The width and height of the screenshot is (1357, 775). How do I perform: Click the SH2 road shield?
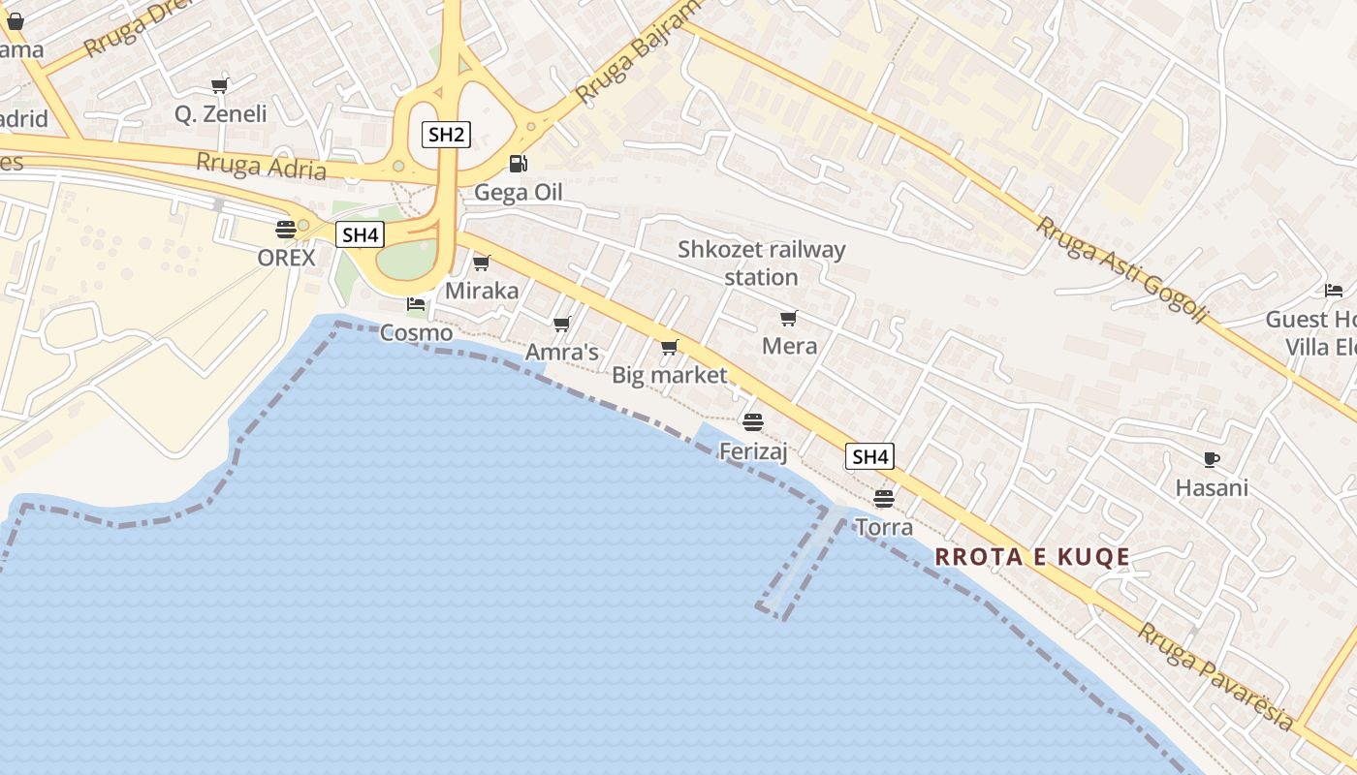[446, 135]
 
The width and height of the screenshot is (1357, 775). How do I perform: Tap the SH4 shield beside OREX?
[360, 234]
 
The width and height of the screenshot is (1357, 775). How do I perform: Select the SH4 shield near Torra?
[869, 456]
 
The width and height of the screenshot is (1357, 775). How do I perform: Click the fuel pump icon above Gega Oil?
[519, 164]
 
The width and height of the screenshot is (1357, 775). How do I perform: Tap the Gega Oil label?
[518, 192]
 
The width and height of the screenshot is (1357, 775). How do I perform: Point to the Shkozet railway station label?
[761, 263]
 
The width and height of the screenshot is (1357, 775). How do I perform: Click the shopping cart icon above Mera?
[789, 318]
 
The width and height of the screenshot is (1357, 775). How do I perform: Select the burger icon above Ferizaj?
[753, 422]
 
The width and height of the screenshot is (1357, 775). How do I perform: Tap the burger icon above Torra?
[883, 499]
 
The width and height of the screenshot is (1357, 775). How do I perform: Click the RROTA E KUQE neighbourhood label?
[1032, 557]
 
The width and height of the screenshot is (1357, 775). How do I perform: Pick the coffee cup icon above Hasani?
[1211, 459]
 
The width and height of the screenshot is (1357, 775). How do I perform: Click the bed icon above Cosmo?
[416, 304]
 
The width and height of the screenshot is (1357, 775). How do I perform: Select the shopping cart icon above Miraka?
[481, 263]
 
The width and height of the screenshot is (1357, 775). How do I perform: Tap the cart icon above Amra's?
[561, 324]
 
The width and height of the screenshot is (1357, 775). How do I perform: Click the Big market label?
[669, 375]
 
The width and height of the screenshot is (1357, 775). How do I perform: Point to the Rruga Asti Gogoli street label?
[1122, 270]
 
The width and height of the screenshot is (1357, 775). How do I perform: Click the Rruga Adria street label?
[261, 166]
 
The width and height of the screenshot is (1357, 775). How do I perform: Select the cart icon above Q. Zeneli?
[220, 85]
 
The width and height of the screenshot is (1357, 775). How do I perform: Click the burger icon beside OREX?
[285, 230]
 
